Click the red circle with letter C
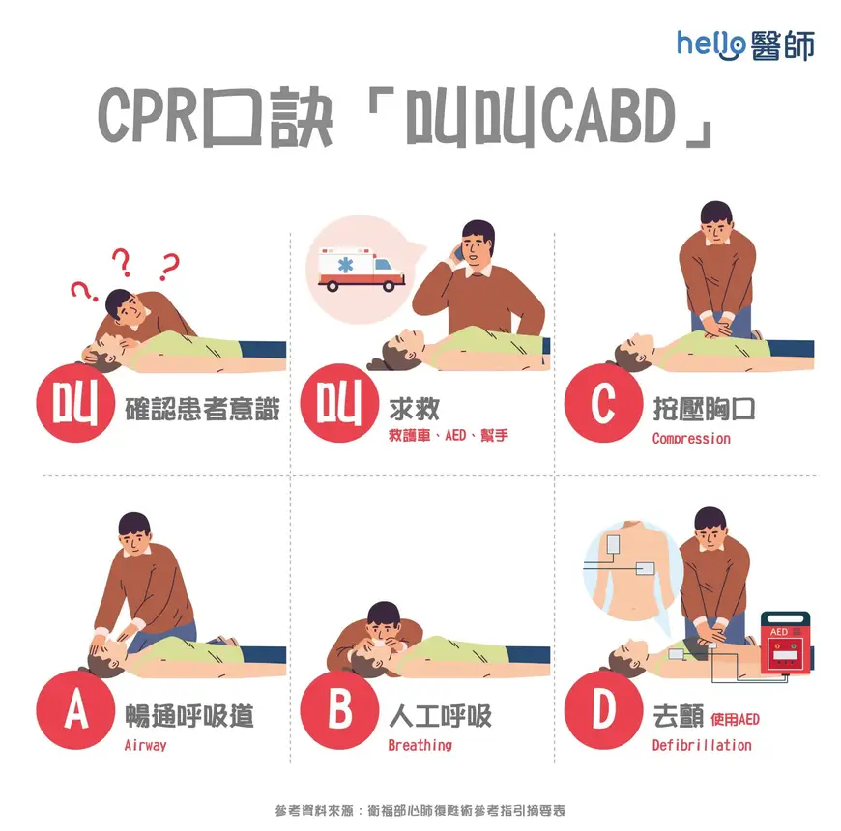click(x=603, y=405)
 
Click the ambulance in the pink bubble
click(x=362, y=268)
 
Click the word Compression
click(x=691, y=439)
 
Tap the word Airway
click(x=145, y=745)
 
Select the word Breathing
click(x=420, y=745)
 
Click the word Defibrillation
click(x=701, y=745)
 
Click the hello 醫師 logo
click(x=745, y=43)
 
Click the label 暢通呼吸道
click(x=189, y=715)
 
